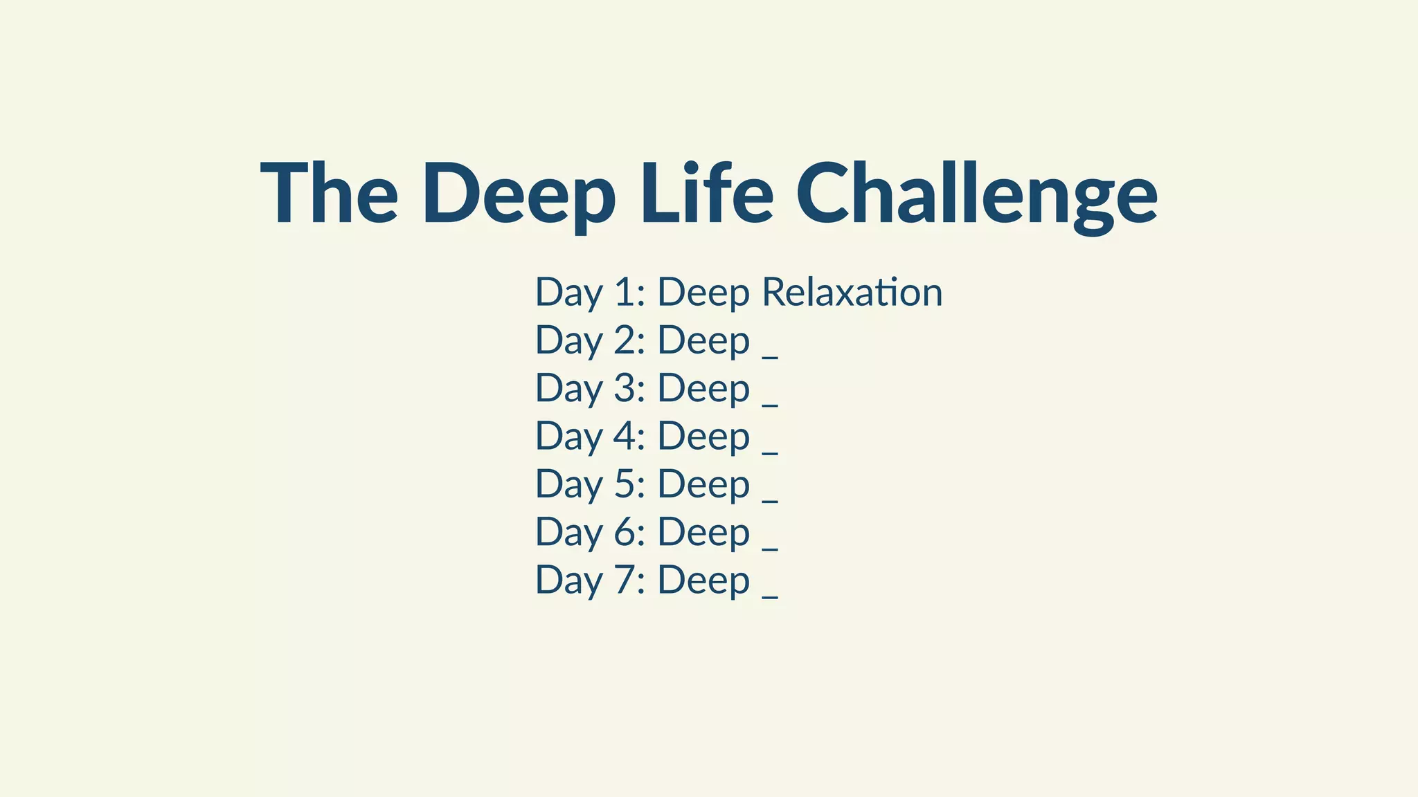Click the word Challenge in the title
[x=976, y=193]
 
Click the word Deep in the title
[x=519, y=194]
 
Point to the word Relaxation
[x=852, y=292]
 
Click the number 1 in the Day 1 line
[x=625, y=292]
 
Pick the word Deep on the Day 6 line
[x=703, y=533]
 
